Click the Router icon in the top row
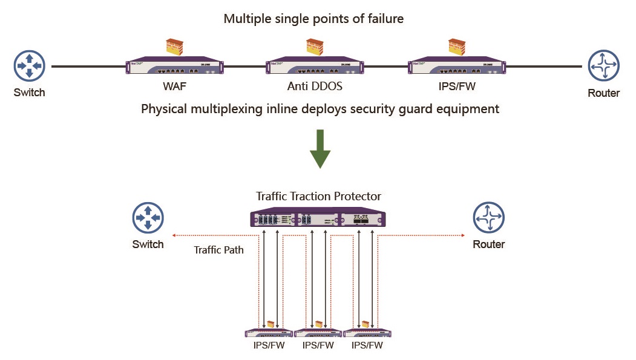tap(603, 66)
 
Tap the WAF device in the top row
tap(175, 66)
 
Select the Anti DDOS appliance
tap(315, 66)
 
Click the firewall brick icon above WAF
tap(174, 47)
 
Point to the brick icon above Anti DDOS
tap(315, 47)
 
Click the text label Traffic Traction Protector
tap(319, 197)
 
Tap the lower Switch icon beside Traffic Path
tap(148, 218)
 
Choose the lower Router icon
tap(489, 218)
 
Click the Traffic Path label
tap(218, 249)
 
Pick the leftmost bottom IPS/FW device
tap(269, 333)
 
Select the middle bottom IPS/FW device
tap(318, 333)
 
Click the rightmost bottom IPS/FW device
tap(367, 333)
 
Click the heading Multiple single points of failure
tap(313, 19)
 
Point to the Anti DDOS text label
tap(315, 87)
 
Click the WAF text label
tap(174, 87)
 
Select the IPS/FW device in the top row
tap(457, 66)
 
